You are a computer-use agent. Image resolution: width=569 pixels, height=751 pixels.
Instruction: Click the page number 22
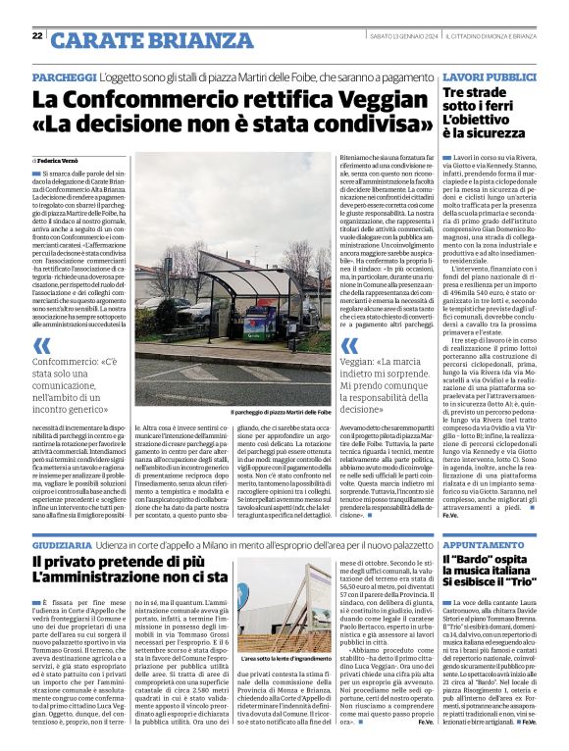[x=36, y=35]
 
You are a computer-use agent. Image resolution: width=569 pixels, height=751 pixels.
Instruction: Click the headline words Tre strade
[x=477, y=92]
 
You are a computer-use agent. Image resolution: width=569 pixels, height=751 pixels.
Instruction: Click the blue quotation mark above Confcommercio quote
[x=41, y=344]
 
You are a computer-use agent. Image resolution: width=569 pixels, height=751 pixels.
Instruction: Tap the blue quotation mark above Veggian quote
[x=348, y=344]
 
